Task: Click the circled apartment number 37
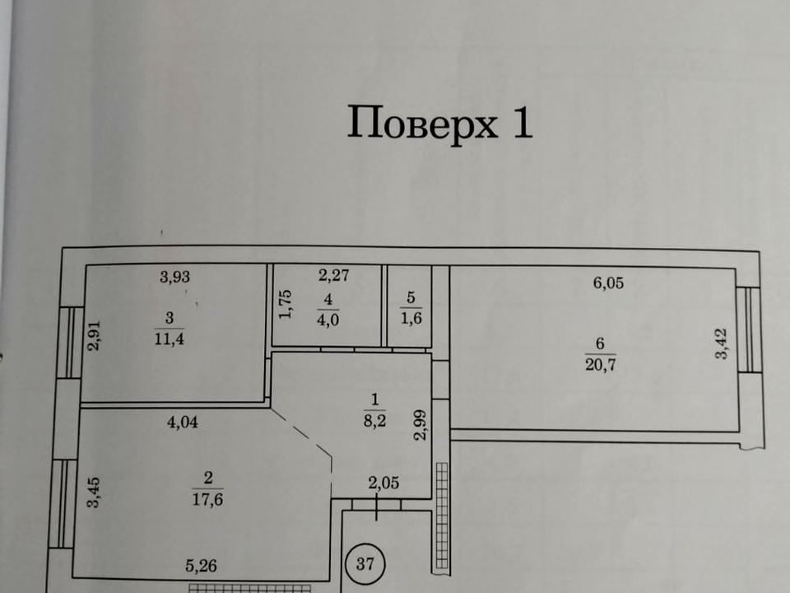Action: point(365,563)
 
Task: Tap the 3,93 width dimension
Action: point(174,277)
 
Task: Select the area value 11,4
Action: point(170,339)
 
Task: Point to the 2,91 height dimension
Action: point(94,336)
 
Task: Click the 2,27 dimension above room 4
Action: point(334,275)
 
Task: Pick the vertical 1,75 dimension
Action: point(286,304)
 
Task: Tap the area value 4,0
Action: point(328,320)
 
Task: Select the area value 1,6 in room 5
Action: point(411,319)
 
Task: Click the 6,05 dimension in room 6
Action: point(609,282)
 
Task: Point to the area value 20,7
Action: point(601,365)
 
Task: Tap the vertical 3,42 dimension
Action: point(722,344)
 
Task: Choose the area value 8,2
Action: point(375,420)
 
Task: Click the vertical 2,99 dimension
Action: point(421,425)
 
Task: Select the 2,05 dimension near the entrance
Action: point(384,483)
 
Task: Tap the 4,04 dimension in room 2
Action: point(183,422)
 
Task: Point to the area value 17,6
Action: point(207,500)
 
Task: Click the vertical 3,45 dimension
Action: point(94,493)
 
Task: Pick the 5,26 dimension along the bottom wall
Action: point(201,566)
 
